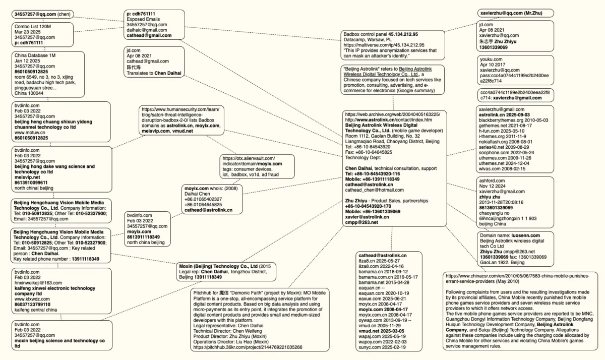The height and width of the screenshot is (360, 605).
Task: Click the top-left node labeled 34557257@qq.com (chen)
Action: tap(42, 14)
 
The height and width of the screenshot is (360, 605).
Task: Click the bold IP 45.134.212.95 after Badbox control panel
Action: tap(403, 34)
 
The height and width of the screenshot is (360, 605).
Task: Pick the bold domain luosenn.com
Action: tap(525, 235)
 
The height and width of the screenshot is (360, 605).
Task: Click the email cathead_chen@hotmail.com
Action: tap(374, 190)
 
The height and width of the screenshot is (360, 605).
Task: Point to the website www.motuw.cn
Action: tap(31, 132)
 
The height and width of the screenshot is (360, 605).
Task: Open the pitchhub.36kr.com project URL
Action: tap(248, 347)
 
